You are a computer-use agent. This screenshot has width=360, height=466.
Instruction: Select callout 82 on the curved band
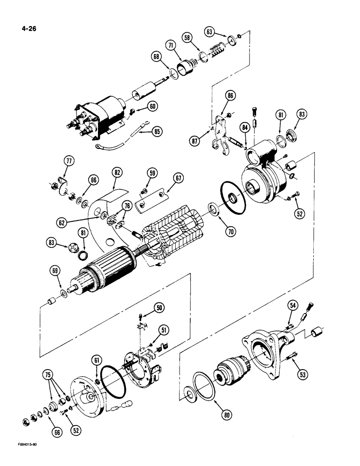point(116,173)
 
